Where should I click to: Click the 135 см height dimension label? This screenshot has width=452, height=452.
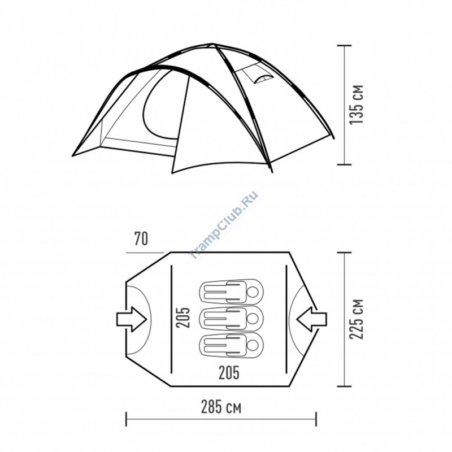[x=357, y=105]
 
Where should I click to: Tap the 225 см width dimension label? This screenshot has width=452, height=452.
[x=357, y=319]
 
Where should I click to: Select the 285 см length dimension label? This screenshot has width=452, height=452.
[x=221, y=407]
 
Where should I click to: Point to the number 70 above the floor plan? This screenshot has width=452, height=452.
[x=141, y=238]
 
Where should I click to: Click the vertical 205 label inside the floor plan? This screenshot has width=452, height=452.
[x=183, y=318]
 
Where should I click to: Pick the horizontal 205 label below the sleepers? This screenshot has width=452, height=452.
[x=229, y=372]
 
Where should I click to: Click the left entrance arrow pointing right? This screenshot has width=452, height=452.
[x=132, y=319]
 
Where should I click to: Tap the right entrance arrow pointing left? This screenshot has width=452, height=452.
[x=312, y=319]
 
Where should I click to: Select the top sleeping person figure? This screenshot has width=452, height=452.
[x=231, y=292]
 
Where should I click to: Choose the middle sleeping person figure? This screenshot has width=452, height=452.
[x=231, y=319]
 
